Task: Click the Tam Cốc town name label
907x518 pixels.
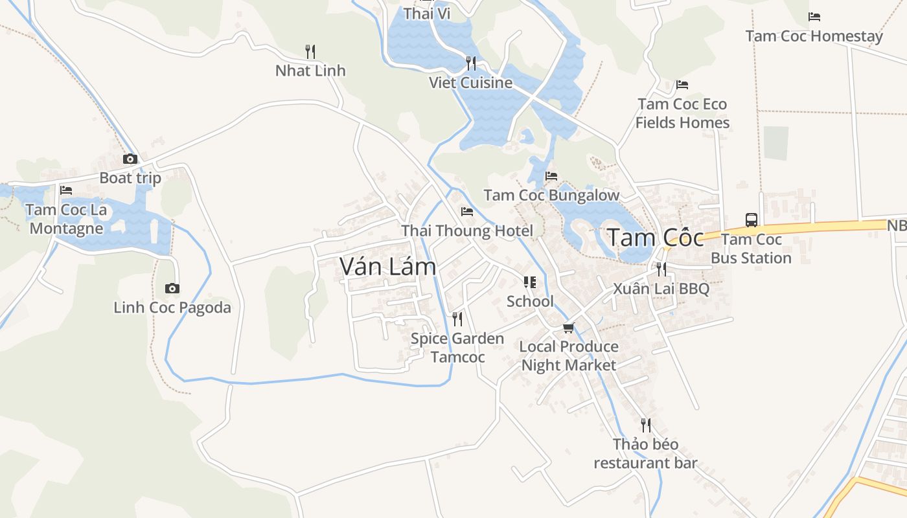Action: pyautogui.click(x=655, y=238)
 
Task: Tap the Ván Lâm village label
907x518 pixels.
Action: pyautogui.click(x=388, y=266)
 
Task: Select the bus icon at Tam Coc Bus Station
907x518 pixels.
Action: pyautogui.click(x=752, y=220)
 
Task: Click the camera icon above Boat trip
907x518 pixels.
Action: pyautogui.click(x=130, y=159)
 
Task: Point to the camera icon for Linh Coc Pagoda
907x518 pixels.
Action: pyautogui.click(x=172, y=288)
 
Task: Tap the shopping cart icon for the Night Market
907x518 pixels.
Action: pyautogui.click(x=568, y=328)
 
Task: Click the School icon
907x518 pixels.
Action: pyautogui.click(x=530, y=282)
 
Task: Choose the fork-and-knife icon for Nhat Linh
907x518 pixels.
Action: pyautogui.click(x=310, y=51)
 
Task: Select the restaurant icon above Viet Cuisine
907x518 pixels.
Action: pyautogui.click(x=471, y=63)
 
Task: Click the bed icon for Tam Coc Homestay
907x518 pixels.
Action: pyautogui.click(x=814, y=17)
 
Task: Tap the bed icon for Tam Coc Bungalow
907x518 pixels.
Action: pyautogui.click(x=551, y=175)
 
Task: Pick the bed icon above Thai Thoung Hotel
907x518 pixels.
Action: pyautogui.click(x=466, y=211)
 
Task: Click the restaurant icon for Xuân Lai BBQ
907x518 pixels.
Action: pyautogui.click(x=661, y=269)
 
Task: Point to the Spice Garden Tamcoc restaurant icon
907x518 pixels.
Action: pyautogui.click(x=457, y=319)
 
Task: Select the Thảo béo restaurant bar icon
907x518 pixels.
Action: pyautogui.click(x=645, y=425)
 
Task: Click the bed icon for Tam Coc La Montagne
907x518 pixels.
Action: pyautogui.click(x=66, y=190)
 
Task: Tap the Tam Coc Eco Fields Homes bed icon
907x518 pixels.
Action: pyautogui.click(x=682, y=85)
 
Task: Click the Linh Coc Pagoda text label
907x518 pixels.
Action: pyautogui.click(x=172, y=308)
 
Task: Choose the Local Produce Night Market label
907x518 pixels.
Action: pyautogui.click(x=569, y=355)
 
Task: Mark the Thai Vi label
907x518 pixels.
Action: pyautogui.click(x=427, y=14)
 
